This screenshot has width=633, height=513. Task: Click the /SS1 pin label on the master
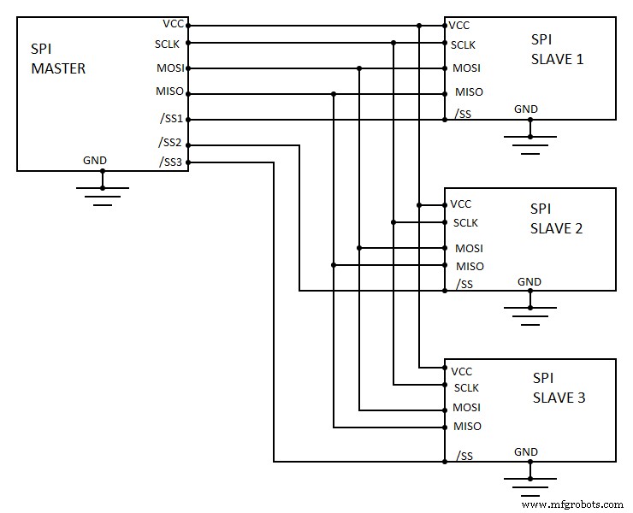click(x=171, y=119)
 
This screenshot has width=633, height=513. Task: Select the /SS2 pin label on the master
click(x=171, y=142)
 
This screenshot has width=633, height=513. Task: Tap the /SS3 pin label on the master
click(x=171, y=162)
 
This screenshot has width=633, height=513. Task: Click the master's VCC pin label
click(x=173, y=23)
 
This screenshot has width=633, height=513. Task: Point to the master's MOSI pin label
click(x=171, y=68)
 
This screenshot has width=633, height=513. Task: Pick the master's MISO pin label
click(x=171, y=91)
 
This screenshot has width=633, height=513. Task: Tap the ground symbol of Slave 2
click(x=530, y=315)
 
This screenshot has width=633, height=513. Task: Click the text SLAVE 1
click(x=556, y=59)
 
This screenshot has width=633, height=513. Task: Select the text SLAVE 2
click(x=556, y=228)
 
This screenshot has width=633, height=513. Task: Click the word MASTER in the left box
click(x=57, y=69)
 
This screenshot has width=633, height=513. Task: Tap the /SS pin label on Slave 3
click(x=464, y=456)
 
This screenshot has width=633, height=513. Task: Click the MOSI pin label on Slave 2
click(x=469, y=248)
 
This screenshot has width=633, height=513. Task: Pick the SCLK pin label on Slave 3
click(x=466, y=388)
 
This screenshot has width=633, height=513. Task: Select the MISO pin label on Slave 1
click(x=469, y=91)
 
